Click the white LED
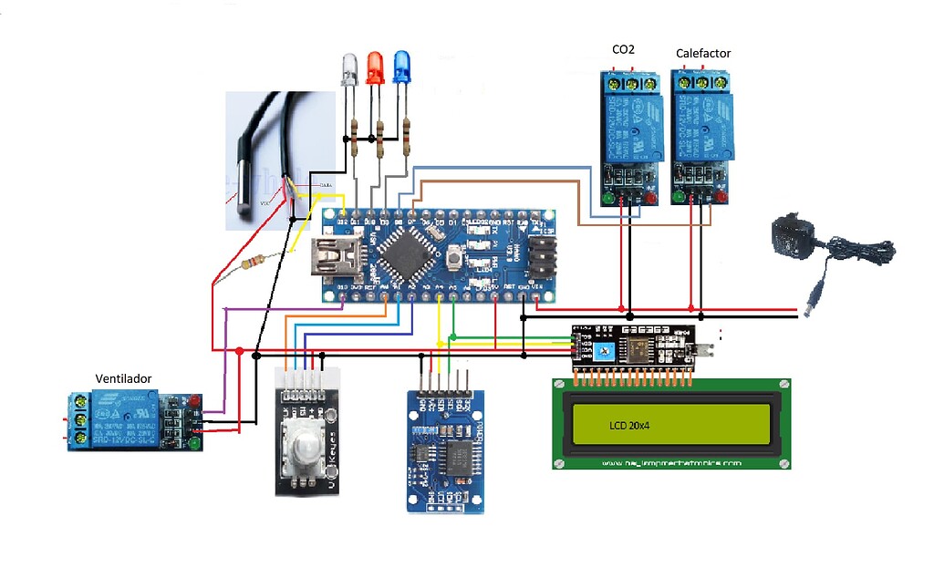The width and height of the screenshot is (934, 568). click(x=349, y=70)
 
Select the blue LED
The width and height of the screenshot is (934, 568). click(x=400, y=68)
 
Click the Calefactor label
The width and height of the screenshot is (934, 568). click(x=702, y=53)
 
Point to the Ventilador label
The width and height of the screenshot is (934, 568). click(x=123, y=377)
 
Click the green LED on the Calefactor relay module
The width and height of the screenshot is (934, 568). click(x=677, y=196)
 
